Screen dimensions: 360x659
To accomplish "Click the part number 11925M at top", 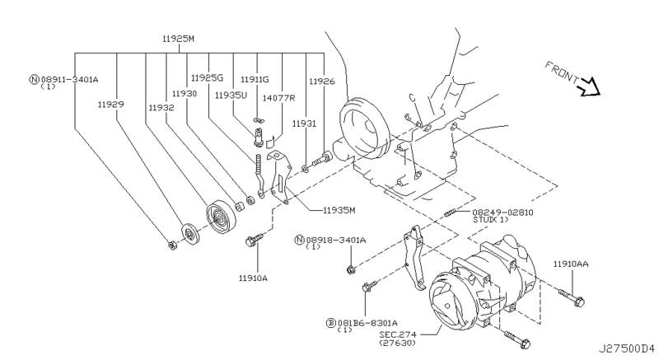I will pyautogui.click(x=180, y=39).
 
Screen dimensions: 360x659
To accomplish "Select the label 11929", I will pyautogui.click(x=112, y=105).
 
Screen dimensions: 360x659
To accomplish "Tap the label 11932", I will pyautogui.click(x=161, y=107).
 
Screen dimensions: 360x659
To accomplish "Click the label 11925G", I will pyautogui.click(x=207, y=77).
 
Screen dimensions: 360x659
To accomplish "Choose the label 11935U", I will pyautogui.click(x=231, y=94).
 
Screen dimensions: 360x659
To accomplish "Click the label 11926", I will pyautogui.click(x=322, y=82).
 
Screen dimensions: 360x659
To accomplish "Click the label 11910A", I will pyautogui.click(x=253, y=278).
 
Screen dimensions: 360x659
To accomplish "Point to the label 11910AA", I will pyautogui.click(x=571, y=264).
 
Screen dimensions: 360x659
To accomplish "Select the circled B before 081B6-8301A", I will pyautogui.click(x=329, y=322).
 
